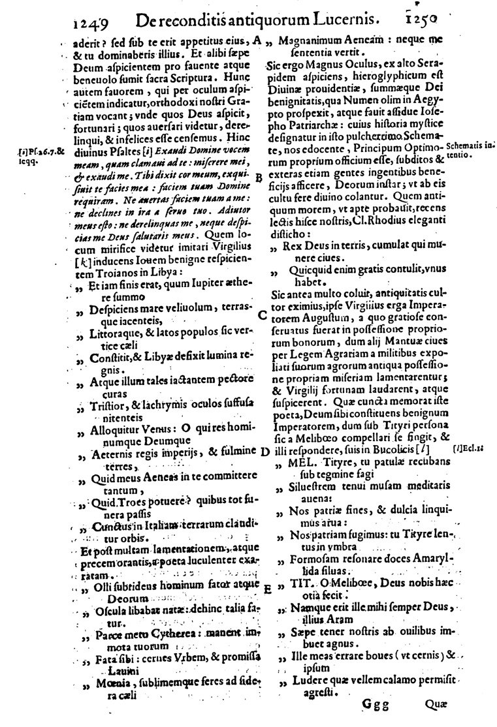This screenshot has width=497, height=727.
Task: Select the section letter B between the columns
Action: pyautogui.click(x=259, y=177)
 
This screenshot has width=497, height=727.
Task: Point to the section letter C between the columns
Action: pyautogui.click(x=262, y=315)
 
